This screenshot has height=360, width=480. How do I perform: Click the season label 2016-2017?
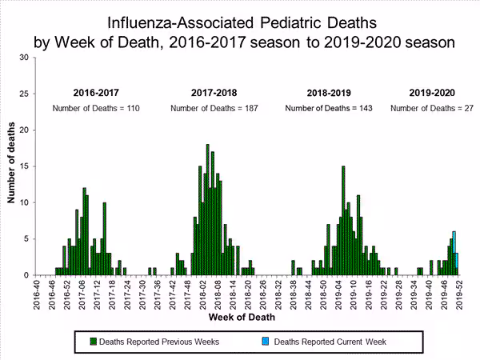coord(94,91)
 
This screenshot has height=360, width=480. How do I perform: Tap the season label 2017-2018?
coord(214,91)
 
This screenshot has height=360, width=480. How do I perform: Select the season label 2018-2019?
coord(330,91)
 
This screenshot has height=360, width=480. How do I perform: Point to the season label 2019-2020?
coord(432,91)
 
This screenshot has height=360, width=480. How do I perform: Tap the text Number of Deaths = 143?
coord(330,108)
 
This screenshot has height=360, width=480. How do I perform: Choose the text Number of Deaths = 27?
coord(432,108)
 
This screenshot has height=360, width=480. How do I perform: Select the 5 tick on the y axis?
coord(26,238)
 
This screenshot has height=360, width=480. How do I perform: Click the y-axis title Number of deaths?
coord(11,166)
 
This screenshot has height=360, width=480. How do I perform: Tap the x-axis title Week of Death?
coord(244,318)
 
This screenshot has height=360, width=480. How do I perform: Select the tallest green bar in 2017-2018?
coord(207,210)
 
